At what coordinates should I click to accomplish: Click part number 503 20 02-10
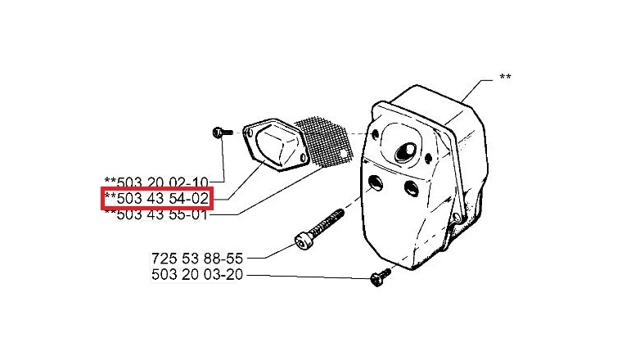pyautogui.click(x=155, y=182)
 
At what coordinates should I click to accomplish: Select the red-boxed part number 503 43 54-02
pyautogui.click(x=157, y=198)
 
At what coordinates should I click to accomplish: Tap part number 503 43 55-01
pyautogui.click(x=155, y=214)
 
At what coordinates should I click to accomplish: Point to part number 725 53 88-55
pyautogui.click(x=196, y=259)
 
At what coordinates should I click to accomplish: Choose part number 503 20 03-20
pyautogui.click(x=196, y=274)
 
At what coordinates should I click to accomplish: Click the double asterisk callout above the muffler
pyautogui.click(x=505, y=77)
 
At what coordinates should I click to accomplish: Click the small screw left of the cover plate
pyautogui.click(x=222, y=132)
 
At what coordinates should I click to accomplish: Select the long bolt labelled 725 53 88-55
pyautogui.click(x=319, y=230)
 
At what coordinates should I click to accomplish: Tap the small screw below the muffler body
pyautogui.click(x=380, y=277)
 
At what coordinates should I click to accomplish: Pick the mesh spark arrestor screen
pyautogui.click(x=323, y=142)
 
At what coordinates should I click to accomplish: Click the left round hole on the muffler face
pyautogui.click(x=376, y=182)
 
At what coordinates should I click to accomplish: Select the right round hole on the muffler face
pyautogui.click(x=412, y=188)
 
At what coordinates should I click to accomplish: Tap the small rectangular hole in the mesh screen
pyautogui.click(x=343, y=153)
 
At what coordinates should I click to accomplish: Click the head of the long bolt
pyautogui.click(x=304, y=242)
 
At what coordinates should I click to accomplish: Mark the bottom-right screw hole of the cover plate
pyautogui.click(x=304, y=158)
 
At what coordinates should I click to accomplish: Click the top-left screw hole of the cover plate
pyautogui.click(x=249, y=133)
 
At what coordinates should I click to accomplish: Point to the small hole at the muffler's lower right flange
pyautogui.click(x=457, y=217)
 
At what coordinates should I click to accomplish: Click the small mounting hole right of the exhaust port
pyautogui.click(x=428, y=159)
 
